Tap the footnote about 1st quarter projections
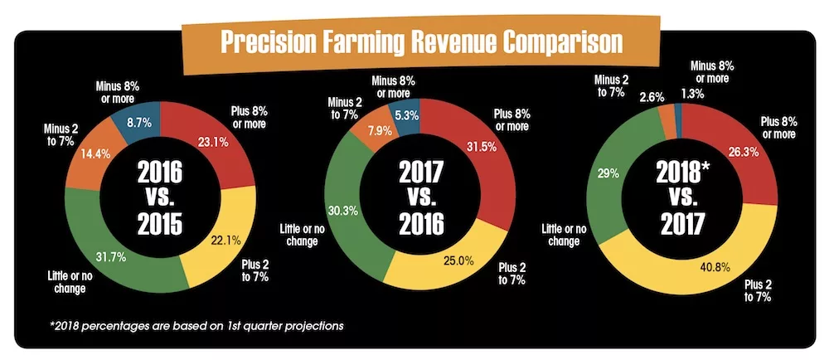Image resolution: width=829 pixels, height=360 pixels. pyautogui.click(x=196, y=324)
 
